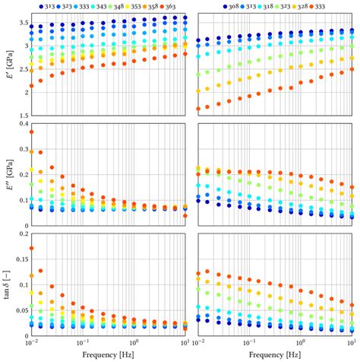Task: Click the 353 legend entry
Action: (x=134, y=5)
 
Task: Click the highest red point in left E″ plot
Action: (x=31, y=132)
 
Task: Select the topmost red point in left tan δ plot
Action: (x=31, y=248)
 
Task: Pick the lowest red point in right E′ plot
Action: (x=199, y=109)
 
